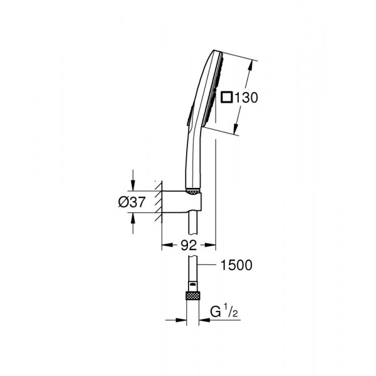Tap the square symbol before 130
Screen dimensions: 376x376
tap(227, 98)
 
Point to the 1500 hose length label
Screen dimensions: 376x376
tap(237, 265)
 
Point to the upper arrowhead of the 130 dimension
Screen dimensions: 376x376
tap(254, 63)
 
